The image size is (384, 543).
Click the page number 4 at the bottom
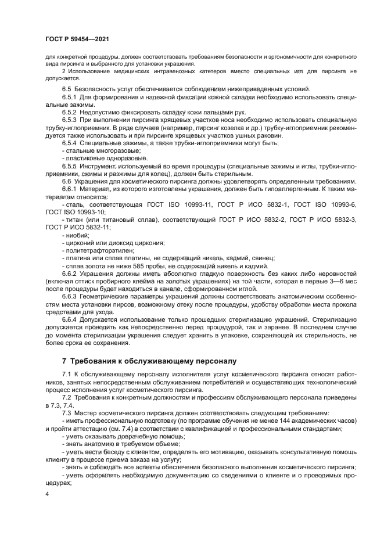point(47,494)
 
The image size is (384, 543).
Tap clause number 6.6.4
point(71,319)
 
